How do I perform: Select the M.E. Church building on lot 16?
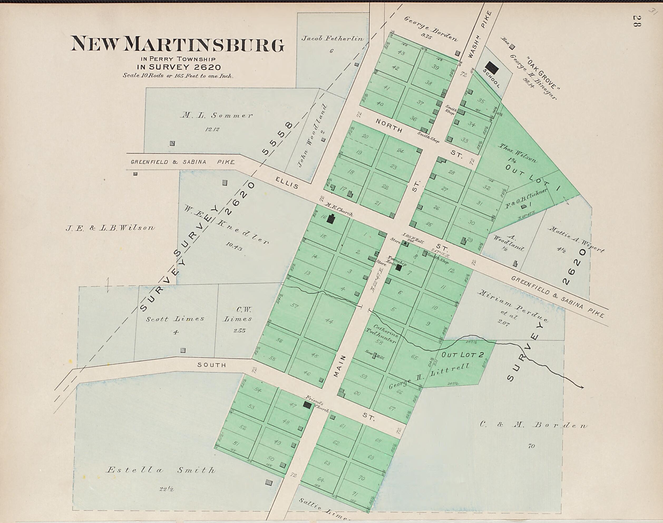tap(331, 219)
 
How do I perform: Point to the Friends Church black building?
tap(307, 405)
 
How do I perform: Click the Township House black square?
tap(398, 268)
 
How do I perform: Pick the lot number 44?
tap(329, 321)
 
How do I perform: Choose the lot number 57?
tap(294, 305)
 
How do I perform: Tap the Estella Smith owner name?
tap(160, 470)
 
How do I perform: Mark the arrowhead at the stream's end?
tap(582, 387)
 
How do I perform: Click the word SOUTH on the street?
tap(211, 365)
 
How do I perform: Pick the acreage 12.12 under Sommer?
tap(212, 130)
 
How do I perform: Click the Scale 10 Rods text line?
tap(178, 76)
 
